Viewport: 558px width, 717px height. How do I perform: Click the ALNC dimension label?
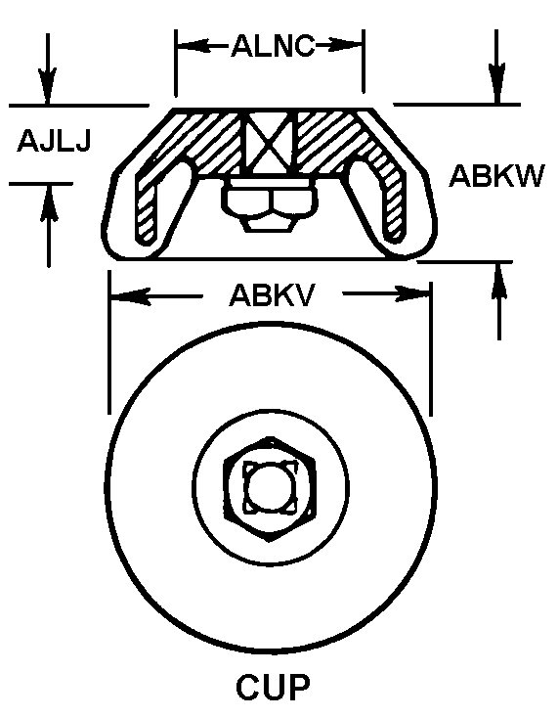pyautogui.click(x=274, y=46)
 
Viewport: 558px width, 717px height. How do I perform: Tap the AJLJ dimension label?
pyautogui.click(x=55, y=141)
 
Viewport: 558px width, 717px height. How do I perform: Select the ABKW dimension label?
pyautogui.click(x=496, y=176)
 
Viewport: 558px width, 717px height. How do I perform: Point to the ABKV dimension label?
pyautogui.click(x=273, y=295)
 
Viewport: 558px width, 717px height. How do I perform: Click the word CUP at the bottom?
pyautogui.click(x=274, y=687)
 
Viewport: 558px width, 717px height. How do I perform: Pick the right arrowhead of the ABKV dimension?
pyautogui.click(x=411, y=293)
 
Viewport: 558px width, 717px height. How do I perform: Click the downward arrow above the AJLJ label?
pyautogui.click(x=48, y=69)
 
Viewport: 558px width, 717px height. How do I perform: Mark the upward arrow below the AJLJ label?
pyautogui.click(x=49, y=225)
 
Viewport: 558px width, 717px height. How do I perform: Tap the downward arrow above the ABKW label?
pyautogui.click(x=496, y=67)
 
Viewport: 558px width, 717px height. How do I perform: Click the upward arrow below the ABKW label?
pyautogui.click(x=499, y=301)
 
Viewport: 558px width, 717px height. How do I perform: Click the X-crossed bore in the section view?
pyautogui.click(x=269, y=141)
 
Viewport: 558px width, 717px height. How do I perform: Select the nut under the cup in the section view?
pyautogui.click(x=269, y=204)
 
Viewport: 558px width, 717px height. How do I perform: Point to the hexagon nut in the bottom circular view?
pyautogui.click(x=270, y=489)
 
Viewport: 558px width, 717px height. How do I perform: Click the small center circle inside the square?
pyautogui.click(x=270, y=486)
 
